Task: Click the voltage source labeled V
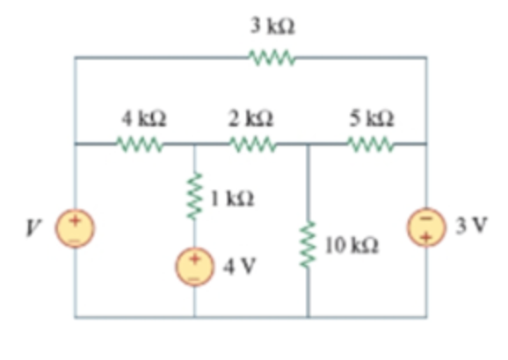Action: coord(76,229)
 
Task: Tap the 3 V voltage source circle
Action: coord(427,229)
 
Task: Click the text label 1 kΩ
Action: coord(229,198)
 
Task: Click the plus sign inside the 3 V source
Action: coord(427,238)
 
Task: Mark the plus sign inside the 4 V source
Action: coord(194,258)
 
